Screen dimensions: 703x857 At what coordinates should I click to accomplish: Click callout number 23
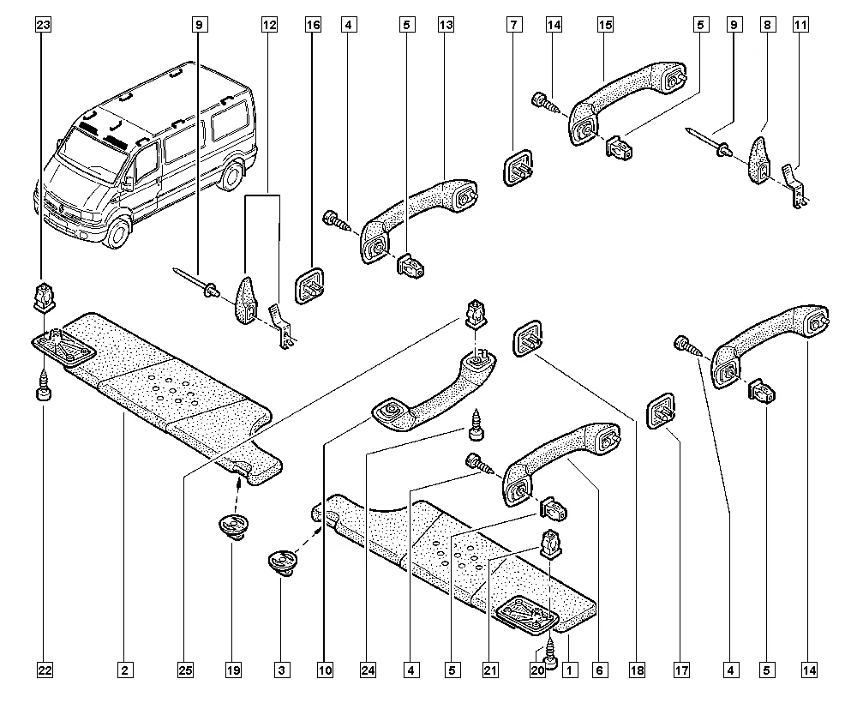tap(43, 26)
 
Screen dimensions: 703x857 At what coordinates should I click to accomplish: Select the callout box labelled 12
tap(270, 26)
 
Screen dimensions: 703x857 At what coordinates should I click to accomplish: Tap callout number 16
tap(313, 26)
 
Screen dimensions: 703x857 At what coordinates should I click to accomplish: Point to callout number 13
tap(446, 26)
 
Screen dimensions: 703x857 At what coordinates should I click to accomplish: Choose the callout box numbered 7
tap(512, 26)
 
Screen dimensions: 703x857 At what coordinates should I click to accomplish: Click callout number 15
tap(605, 26)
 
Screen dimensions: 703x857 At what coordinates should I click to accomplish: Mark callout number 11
tap(800, 26)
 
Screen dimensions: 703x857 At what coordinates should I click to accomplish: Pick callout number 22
tap(43, 668)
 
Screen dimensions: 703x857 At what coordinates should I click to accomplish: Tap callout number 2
tap(124, 668)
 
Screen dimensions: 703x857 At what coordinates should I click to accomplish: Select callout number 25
tap(184, 668)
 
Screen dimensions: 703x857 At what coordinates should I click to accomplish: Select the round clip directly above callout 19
tap(231, 526)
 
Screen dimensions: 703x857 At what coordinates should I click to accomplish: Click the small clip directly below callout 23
tap(43, 297)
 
